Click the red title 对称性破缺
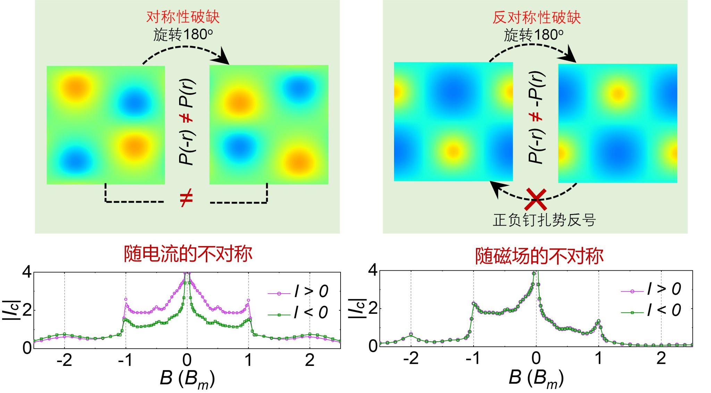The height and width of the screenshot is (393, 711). coord(183,17)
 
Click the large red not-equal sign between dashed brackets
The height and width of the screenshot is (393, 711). coord(186,198)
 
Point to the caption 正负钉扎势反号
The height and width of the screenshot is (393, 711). coord(544,220)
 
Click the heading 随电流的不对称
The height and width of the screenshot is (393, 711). coord(188,254)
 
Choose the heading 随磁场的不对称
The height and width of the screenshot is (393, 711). coord(539,256)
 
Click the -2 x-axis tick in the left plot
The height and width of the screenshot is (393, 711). coord(64,360)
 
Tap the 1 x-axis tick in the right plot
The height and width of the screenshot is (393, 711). coord(599,358)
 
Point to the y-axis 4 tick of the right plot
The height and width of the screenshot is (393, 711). coord(373,270)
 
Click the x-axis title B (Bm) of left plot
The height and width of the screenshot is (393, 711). coord(187,379)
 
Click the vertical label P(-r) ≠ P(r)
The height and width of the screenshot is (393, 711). coord(187,122)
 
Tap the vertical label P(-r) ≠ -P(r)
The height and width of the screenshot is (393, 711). coord(536,117)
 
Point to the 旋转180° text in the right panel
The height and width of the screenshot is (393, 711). coord(534,35)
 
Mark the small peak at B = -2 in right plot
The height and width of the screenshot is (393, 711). coord(411,334)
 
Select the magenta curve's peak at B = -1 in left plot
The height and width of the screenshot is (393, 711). coord(126,299)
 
